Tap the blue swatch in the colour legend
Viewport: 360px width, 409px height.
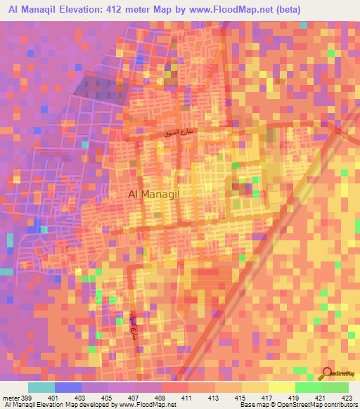click(x=67, y=387)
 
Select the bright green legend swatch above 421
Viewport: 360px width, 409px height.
click(x=309, y=387)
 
